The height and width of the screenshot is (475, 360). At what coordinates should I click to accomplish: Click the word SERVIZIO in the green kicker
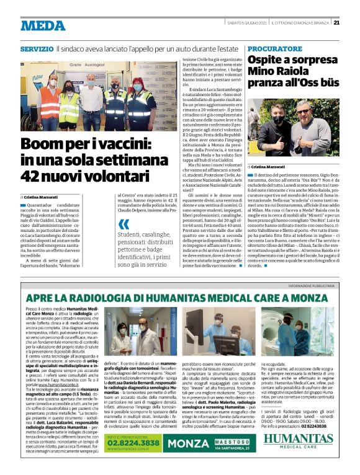[x=36, y=48]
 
